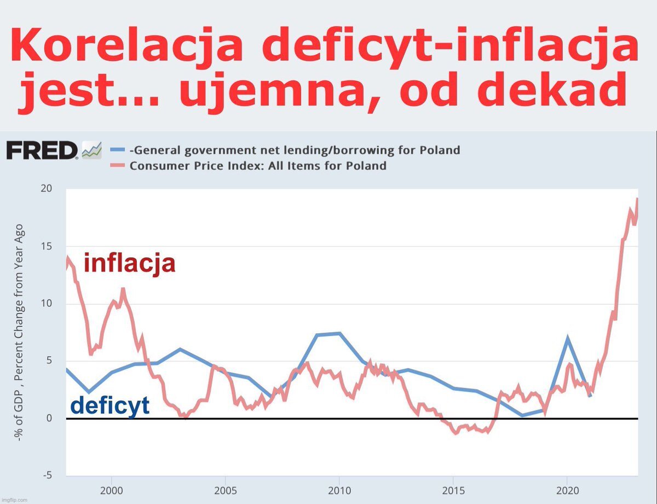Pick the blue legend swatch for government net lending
click(x=118, y=150)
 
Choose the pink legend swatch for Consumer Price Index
click(x=118, y=165)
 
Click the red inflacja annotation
click(x=129, y=263)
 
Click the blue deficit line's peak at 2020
click(x=568, y=338)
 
